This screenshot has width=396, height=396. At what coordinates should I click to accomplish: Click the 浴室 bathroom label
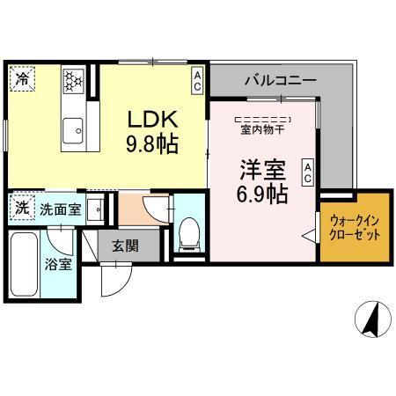coord(59,265)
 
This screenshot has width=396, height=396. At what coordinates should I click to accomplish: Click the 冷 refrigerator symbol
coord(20,77)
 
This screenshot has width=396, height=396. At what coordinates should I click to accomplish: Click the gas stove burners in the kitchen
coord(73,81)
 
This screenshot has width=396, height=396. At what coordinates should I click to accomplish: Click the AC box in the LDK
coord(198,81)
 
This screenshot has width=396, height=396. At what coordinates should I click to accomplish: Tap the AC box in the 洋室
coord(308,172)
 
